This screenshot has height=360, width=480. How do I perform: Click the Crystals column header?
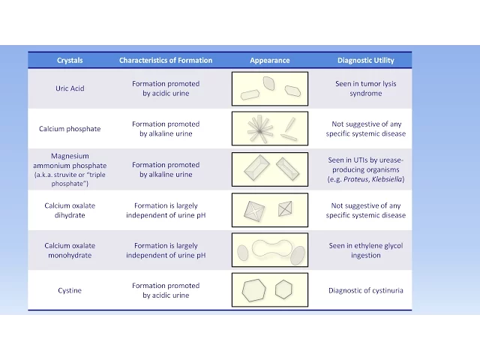(x=70, y=60)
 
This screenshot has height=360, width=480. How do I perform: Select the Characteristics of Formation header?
(x=166, y=60)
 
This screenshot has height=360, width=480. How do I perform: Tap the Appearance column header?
(x=269, y=60)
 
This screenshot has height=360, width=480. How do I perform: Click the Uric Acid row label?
(x=70, y=88)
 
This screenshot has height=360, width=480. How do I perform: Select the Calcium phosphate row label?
(x=70, y=129)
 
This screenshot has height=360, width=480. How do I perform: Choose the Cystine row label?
(x=70, y=290)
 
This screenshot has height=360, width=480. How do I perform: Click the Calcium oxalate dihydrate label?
(x=70, y=210)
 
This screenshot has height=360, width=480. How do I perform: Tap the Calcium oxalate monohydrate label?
(x=70, y=250)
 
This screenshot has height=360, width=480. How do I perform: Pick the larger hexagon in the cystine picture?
(x=253, y=290)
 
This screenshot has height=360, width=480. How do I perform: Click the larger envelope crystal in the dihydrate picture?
(x=254, y=211)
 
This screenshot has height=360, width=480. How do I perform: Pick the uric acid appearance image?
(x=269, y=88)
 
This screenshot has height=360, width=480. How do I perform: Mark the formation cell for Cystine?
(x=166, y=290)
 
